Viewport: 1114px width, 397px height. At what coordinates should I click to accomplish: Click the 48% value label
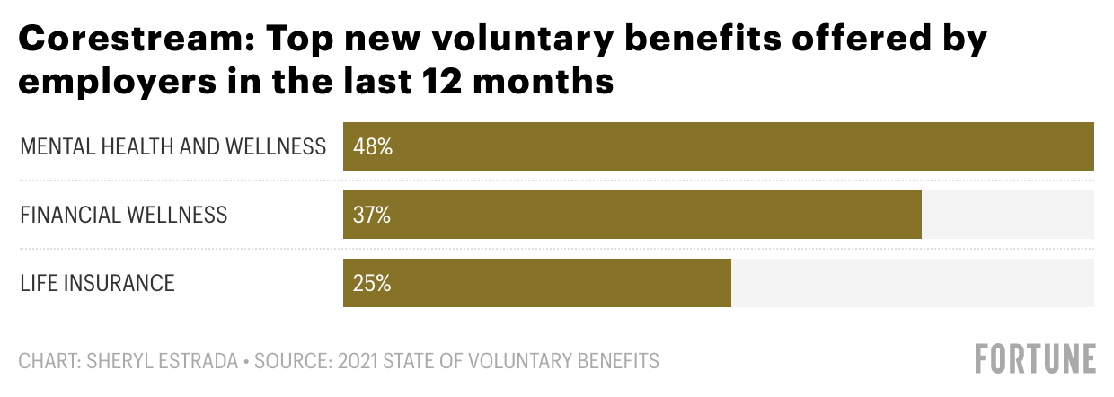[373, 146]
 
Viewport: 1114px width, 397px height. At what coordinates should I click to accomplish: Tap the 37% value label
[373, 215]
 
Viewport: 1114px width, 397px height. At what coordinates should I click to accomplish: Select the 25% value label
[373, 283]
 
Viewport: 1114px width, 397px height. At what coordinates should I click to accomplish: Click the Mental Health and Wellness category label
[172, 146]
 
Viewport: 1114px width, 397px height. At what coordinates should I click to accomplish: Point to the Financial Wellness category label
[123, 215]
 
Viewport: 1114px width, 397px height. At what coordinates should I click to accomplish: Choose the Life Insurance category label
[97, 283]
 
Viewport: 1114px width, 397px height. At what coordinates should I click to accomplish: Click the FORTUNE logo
[1035, 358]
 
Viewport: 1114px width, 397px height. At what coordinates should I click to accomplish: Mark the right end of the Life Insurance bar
[729, 283]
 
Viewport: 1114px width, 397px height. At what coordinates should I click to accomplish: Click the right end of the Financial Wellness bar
[920, 215]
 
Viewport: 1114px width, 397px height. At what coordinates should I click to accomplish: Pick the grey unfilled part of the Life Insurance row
[912, 283]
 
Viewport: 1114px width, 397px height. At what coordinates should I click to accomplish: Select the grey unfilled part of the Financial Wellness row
[1007, 215]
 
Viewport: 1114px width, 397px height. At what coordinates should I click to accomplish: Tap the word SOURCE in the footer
[288, 362]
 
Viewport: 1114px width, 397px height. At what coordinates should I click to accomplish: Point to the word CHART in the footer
[48, 362]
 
